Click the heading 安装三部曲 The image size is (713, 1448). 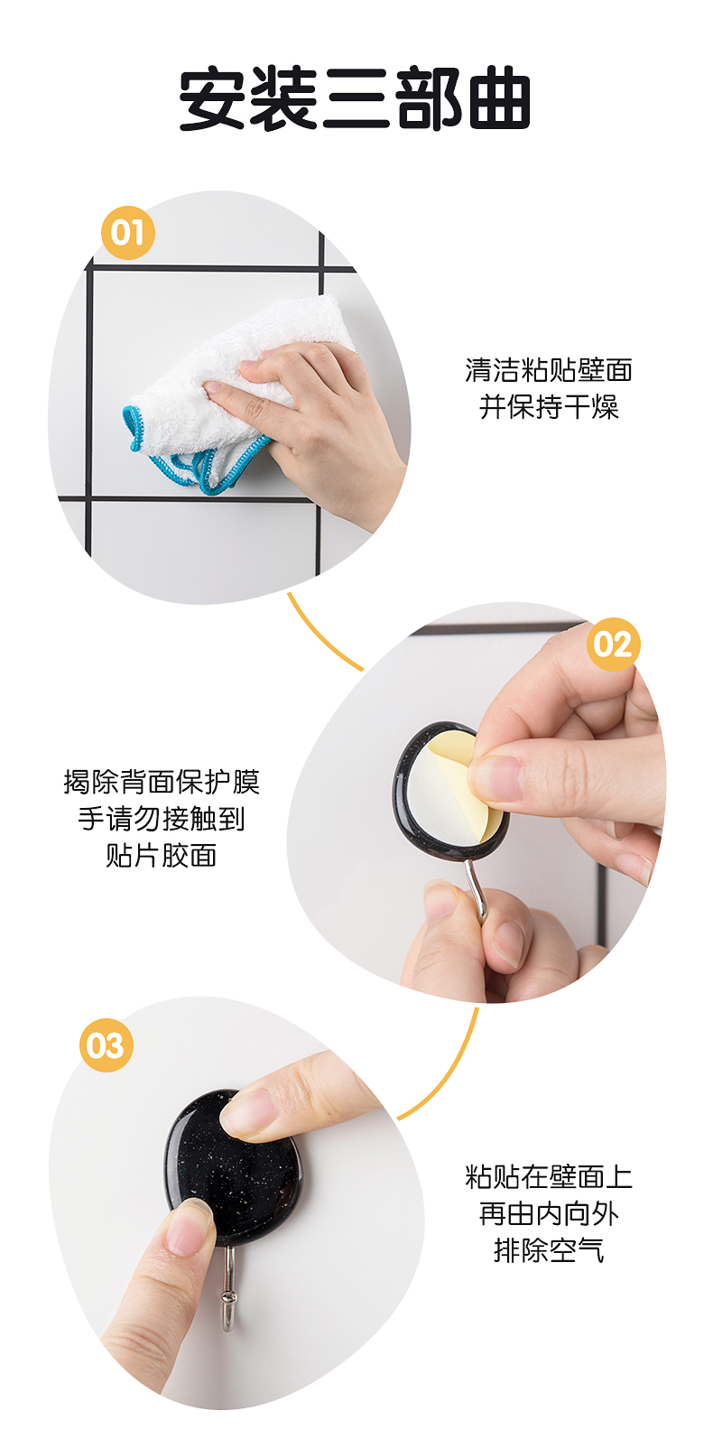(354, 97)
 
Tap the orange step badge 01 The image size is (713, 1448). (127, 233)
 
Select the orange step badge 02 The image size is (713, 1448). (613, 644)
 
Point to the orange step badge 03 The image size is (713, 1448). (106, 1045)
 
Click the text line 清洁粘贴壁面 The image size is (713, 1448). (549, 370)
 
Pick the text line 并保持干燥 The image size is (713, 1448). (549, 407)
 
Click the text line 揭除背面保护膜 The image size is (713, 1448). (162, 782)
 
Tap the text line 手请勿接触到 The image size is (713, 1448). (162, 819)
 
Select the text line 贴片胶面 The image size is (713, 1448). (162, 855)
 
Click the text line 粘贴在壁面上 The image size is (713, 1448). (549, 1177)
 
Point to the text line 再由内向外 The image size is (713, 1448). (549, 1214)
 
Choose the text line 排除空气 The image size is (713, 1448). (549, 1251)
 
